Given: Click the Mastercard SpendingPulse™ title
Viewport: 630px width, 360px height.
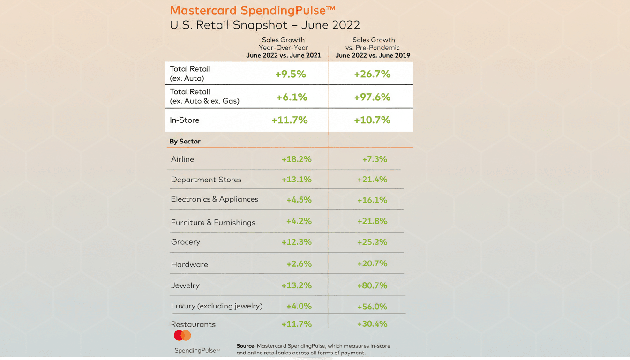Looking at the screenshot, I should click(253, 10).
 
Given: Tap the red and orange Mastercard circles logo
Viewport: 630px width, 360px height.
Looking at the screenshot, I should click(182, 336).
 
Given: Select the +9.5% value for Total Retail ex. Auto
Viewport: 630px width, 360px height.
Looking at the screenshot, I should click(291, 74).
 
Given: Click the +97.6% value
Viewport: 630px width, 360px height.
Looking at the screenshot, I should click(372, 97).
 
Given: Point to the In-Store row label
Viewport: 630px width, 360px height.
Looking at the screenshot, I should click(184, 120).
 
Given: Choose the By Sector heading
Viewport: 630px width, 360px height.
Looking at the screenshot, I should click(185, 141).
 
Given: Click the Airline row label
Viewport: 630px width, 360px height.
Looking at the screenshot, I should click(182, 159).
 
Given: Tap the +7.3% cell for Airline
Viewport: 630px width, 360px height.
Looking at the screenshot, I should click(375, 159).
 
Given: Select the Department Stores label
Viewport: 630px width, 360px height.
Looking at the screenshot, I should click(206, 180).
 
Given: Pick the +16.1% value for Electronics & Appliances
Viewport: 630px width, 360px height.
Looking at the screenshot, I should click(372, 200).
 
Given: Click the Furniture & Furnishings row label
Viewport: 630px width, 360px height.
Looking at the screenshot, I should click(213, 222).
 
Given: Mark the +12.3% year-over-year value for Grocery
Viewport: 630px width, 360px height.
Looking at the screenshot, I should click(296, 242).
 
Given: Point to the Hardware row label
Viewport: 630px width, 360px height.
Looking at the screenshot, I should click(189, 264).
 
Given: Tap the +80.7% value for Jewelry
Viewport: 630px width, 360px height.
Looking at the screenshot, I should click(372, 285).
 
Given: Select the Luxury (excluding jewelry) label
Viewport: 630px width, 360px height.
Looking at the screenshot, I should click(217, 306).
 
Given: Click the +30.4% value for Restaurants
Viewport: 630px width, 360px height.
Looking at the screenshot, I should click(372, 324).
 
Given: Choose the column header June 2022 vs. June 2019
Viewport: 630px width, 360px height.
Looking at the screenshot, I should click(373, 55).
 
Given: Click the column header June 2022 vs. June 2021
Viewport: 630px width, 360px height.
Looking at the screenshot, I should click(284, 55).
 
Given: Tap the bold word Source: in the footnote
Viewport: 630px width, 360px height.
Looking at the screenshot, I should click(246, 346).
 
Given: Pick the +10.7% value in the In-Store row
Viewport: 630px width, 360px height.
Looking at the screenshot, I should click(372, 120).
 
